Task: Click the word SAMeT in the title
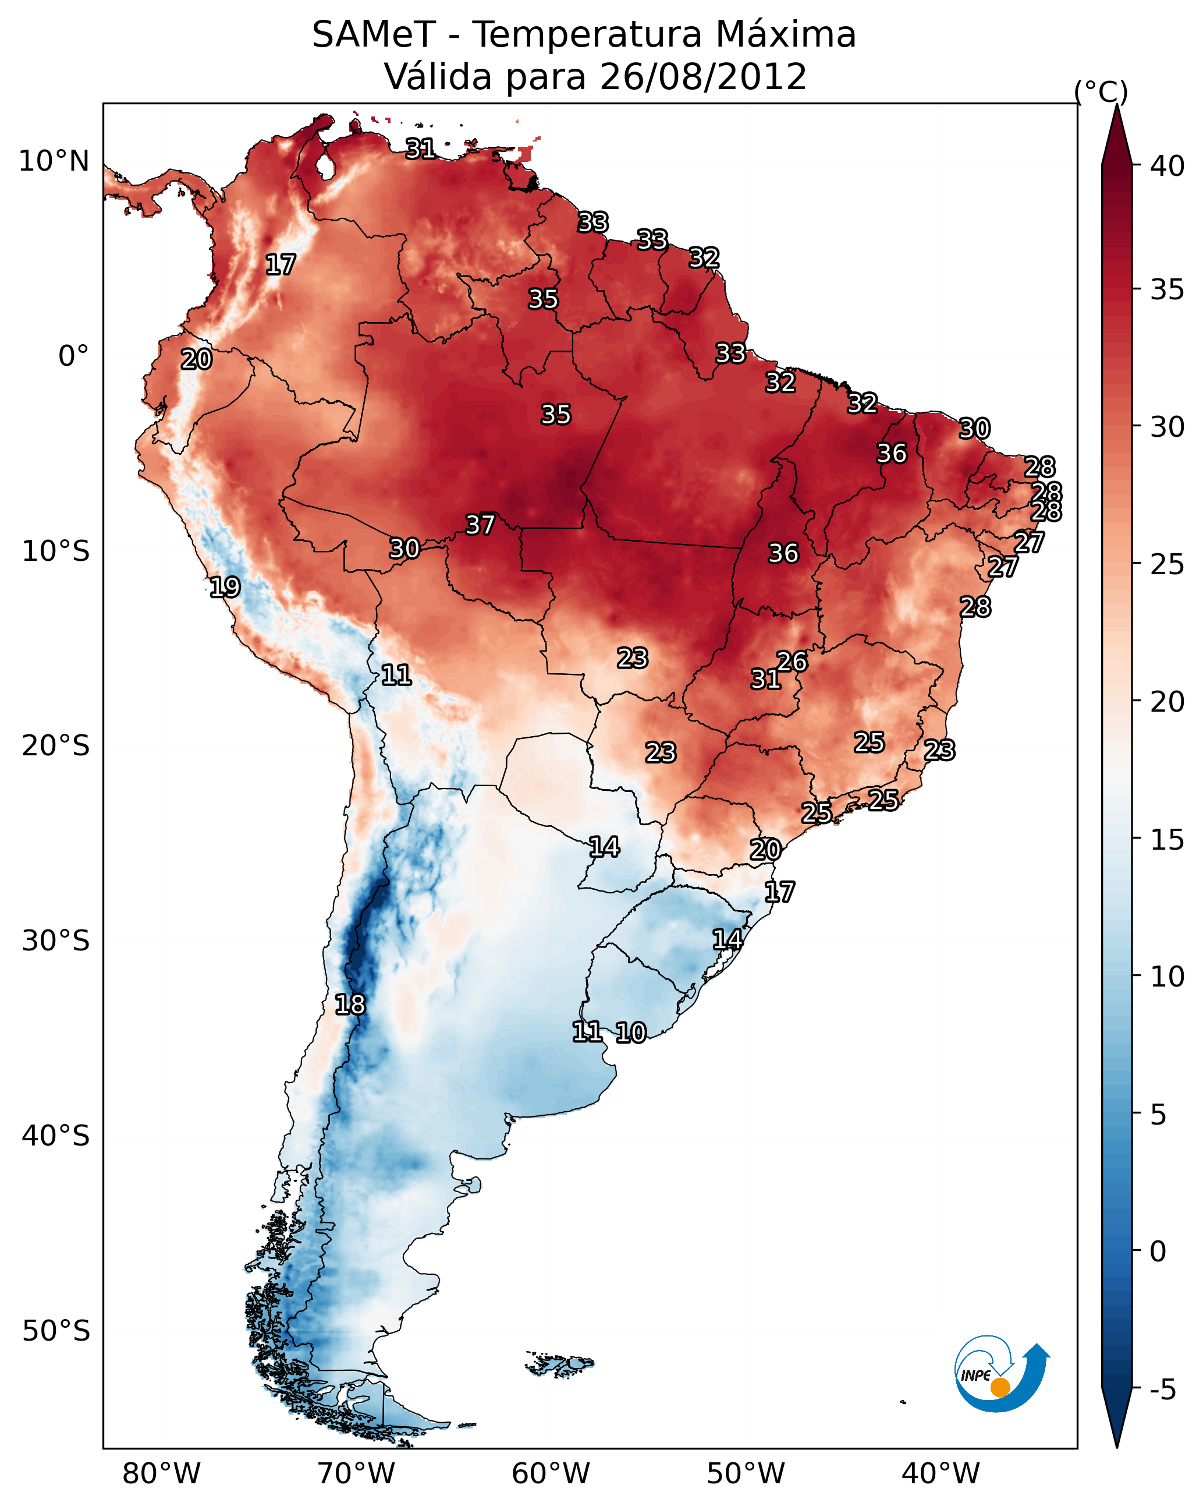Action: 374,35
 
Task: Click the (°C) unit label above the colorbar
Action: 1101,91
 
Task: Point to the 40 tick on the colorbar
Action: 1167,166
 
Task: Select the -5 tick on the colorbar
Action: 1162,1390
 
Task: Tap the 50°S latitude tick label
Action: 56,1331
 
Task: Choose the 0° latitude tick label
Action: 73,356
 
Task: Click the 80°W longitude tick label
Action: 161,1475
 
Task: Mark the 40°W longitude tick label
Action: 941,1475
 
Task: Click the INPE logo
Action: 1001,1373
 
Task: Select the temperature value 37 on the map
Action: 480,525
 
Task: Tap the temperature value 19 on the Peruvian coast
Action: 225,587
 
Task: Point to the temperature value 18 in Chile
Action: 350,1005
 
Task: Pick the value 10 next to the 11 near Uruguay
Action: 631,1033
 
